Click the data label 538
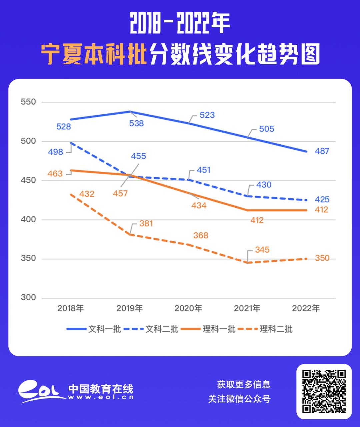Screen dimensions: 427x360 [x=136, y=123]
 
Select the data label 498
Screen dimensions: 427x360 [x=55, y=152]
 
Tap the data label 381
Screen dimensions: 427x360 [x=146, y=223]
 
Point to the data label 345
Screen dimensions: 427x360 [x=262, y=250]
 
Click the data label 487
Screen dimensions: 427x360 [x=322, y=151]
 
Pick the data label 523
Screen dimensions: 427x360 [x=207, y=115]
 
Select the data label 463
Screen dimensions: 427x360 [x=55, y=174]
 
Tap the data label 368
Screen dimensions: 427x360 [x=201, y=236]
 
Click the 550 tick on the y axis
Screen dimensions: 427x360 [x=28, y=102]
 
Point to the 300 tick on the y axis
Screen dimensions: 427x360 [x=28, y=298]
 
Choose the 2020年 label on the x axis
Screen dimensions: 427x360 [x=188, y=308]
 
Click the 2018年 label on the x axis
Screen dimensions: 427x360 [x=71, y=308]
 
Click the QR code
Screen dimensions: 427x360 [x=324, y=391]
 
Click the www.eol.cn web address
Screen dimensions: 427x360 [x=101, y=397]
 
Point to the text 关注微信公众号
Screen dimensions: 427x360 [x=239, y=399]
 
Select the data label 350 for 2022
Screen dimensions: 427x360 [x=322, y=258]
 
